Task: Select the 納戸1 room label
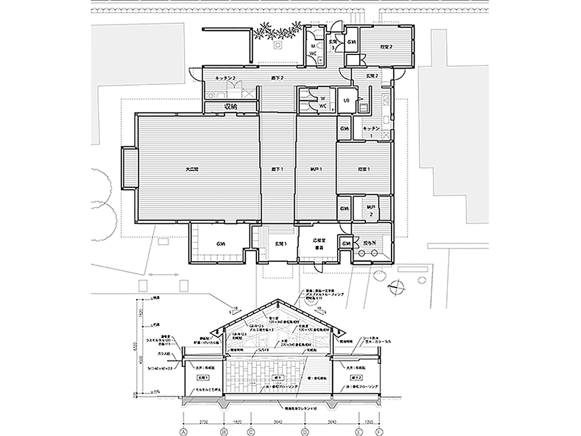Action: tap(316, 169)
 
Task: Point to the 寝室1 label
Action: tap(364, 169)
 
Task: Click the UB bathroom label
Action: tap(345, 101)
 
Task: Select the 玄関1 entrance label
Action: tap(281, 244)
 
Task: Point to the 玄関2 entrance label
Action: tap(371, 76)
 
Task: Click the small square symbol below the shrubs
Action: tap(279, 47)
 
